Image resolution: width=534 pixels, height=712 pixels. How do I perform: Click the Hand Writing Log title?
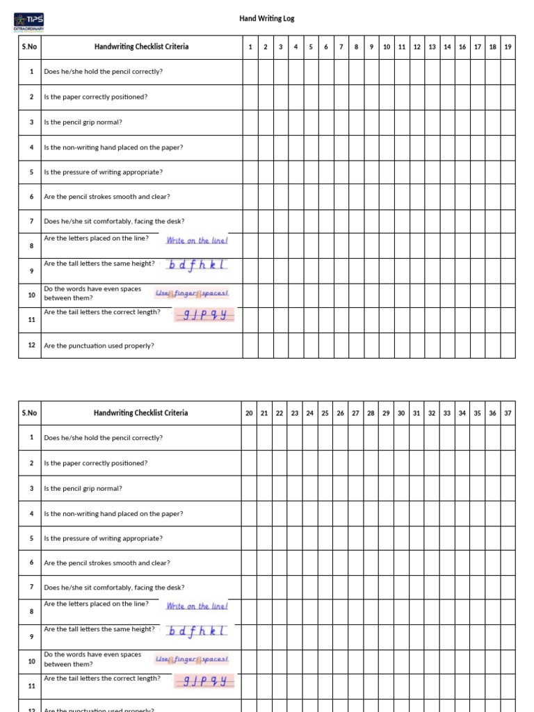[267, 19]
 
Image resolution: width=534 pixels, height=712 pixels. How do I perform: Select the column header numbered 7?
[341, 47]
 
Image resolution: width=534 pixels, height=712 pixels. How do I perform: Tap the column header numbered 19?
[508, 47]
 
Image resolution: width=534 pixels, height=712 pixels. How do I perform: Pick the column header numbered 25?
[325, 413]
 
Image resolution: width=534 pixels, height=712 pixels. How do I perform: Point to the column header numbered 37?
[508, 413]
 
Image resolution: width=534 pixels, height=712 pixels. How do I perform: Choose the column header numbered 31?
[416, 413]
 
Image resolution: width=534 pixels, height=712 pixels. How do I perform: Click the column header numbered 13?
[432, 47]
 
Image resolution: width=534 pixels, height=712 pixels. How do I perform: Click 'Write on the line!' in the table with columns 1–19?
[197, 241]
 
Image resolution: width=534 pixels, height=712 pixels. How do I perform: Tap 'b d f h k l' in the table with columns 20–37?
[197, 631]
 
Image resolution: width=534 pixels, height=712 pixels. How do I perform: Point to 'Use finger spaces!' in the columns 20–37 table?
[192, 659]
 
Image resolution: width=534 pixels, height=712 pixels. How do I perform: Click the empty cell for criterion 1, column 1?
[250, 72]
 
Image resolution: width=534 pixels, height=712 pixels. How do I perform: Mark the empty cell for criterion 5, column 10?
[386, 172]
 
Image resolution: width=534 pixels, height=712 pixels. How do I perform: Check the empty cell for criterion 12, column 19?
[508, 346]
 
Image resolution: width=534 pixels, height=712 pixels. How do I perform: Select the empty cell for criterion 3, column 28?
[371, 488]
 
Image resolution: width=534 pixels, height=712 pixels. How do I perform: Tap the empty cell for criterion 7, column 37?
[508, 588]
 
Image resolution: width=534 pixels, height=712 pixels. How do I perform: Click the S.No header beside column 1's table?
[29, 47]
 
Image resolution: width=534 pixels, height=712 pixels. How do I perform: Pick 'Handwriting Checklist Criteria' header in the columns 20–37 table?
[140, 413]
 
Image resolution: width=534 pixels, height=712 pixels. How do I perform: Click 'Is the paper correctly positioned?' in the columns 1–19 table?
[95, 97]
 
